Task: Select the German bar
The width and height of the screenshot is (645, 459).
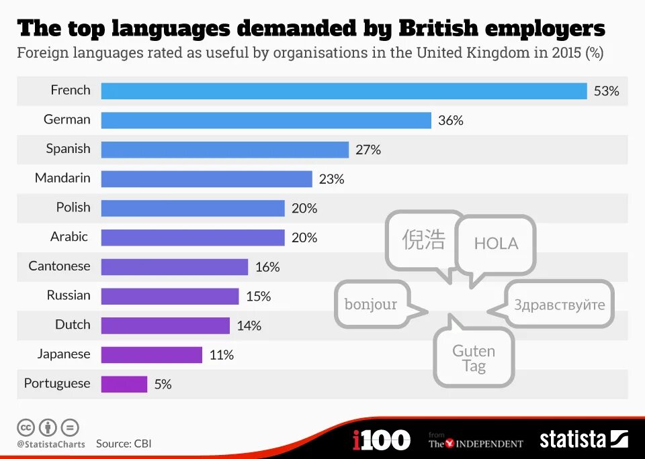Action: (x=266, y=120)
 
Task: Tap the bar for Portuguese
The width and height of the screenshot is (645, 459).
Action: (x=124, y=384)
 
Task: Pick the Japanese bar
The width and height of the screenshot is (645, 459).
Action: (x=152, y=354)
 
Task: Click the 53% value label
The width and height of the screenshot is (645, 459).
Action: (x=606, y=91)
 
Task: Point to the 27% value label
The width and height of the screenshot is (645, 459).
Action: (x=368, y=150)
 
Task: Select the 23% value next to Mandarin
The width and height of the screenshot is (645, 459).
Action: (x=331, y=179)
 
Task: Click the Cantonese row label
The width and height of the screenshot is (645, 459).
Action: (x=59, y=266)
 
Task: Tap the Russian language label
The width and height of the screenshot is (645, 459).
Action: (x=69, y=295)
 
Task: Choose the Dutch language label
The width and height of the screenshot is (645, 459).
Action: (x=73, y=325)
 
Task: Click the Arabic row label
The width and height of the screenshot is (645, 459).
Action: (x=69, y=237)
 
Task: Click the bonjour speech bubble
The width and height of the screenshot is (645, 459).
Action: (x=371, y=304)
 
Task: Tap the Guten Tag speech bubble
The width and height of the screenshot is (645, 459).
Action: (x=474, y=358)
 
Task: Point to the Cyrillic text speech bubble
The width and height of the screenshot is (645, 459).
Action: (x=559, y=305)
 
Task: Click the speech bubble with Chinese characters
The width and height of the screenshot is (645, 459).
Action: (x=423, y=240)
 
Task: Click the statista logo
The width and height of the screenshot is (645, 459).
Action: (x=583, y=440)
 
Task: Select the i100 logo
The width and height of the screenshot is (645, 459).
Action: (x=381, y=440)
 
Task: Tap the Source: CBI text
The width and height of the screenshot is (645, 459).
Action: (x=124, y=444)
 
